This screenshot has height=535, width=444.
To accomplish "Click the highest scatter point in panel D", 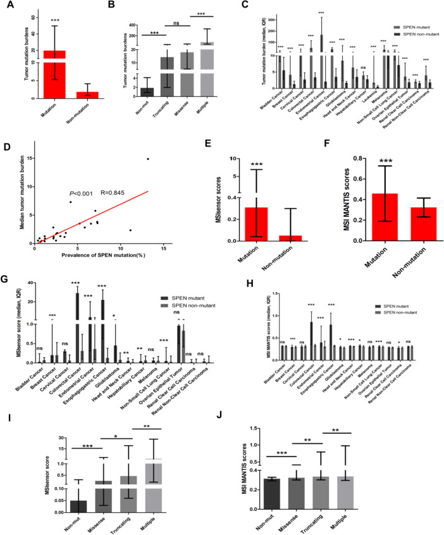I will click(148, 159).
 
